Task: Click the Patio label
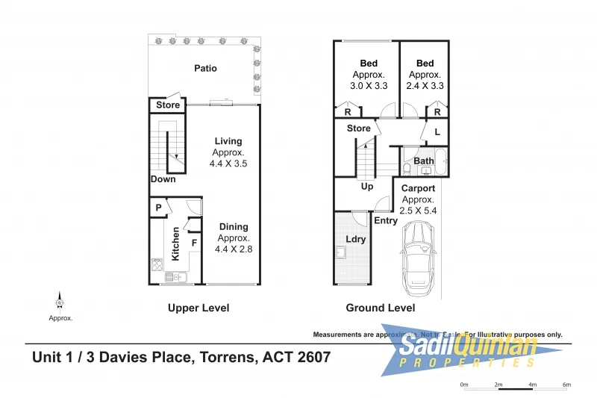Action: tap(205, 69)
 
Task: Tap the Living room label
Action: tap(228, 141)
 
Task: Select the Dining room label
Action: tap(234, 227)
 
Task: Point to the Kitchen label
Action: tap(176, 243)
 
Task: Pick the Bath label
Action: tap(424, 161)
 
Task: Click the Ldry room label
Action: tap(356, 239)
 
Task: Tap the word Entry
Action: tap(386, 220)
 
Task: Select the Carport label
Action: tap(418, 189)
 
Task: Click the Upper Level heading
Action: tap(199, 308)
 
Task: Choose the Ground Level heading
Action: tap(380, 308)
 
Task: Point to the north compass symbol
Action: tap(60, 301)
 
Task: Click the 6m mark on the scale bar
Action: tap(566, 385)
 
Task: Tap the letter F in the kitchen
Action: tap(194, 243)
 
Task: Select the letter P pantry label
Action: tap(159, 208)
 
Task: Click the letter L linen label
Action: tap(437, 133)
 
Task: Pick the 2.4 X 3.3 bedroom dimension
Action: tap(425, 86)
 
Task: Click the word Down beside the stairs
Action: tap(163, 179)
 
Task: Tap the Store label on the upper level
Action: tap(168, 105)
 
